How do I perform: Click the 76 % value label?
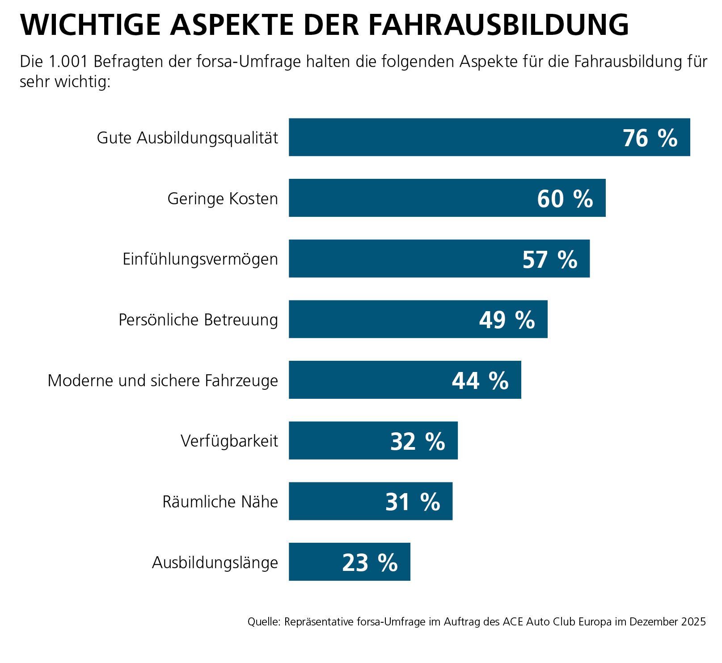pos(650,138)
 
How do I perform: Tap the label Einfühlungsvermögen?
pos(200,259)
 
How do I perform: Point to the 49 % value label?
pos(507,320)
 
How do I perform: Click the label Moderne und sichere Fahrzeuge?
pos(163,381)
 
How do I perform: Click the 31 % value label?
pos(413,502)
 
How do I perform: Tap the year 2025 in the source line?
pos(693,622)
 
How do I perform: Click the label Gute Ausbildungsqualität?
pos(187,138)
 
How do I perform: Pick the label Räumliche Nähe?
pos(220,502)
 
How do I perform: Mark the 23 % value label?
pos(370,563)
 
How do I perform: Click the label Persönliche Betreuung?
pos(198,320)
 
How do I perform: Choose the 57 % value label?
pos(550,260)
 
